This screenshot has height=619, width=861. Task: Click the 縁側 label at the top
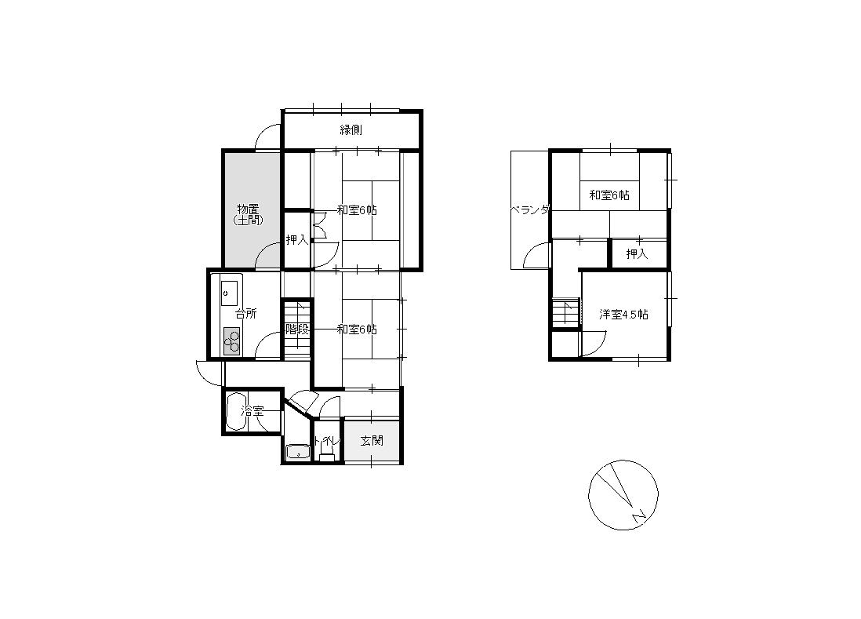tap(351, 130)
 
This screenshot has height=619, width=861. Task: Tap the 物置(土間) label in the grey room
tap(248, 214)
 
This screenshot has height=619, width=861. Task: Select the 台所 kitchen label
tap(246, 314)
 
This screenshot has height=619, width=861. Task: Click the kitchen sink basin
tap(230, 293)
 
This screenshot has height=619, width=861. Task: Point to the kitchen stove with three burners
tap(232, 341)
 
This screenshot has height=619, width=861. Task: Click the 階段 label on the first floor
tap(297, 330)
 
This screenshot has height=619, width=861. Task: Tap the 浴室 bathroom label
tap(252, 411)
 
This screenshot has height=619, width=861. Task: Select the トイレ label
tap(327, 440)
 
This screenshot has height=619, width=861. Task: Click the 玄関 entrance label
tap(372, 440)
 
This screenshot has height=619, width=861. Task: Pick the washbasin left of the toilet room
tap(298, 451)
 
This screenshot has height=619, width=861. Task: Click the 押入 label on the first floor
tap(296, 239)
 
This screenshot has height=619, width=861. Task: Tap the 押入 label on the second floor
tap(637, 253)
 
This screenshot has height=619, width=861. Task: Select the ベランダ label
tap(530, 209)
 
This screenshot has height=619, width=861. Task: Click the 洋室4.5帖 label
tap(623, 314)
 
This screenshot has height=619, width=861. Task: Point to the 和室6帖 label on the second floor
tap(609, 195)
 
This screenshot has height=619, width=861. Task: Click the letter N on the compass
tap(638, 515)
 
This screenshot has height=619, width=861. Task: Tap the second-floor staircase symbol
tap(566, 312)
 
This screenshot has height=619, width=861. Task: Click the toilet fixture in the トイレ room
tap(327, 453)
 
